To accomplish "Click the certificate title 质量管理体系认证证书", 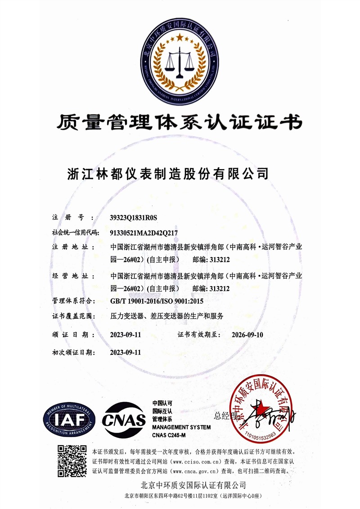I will pos(180,121).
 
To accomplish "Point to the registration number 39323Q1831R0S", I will pos(134,218).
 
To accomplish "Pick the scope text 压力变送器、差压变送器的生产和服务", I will pos(166,316).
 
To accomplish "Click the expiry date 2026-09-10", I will pos(247,335).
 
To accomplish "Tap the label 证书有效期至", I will pos(198,335).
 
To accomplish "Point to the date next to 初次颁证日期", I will pos(126,353).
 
